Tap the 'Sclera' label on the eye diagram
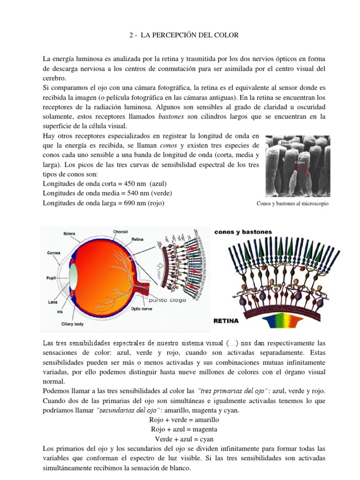tap(70, 233)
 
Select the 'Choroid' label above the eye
tap(120, 231)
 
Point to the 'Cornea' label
tap(53, 252)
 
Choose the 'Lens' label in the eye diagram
tap(52, 302)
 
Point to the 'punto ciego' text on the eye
tap(167, 300)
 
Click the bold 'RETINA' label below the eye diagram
tap(227, 321)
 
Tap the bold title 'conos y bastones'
tap(243, 232)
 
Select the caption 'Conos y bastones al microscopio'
tap(293, 204)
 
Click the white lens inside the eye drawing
tap(73, 276)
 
